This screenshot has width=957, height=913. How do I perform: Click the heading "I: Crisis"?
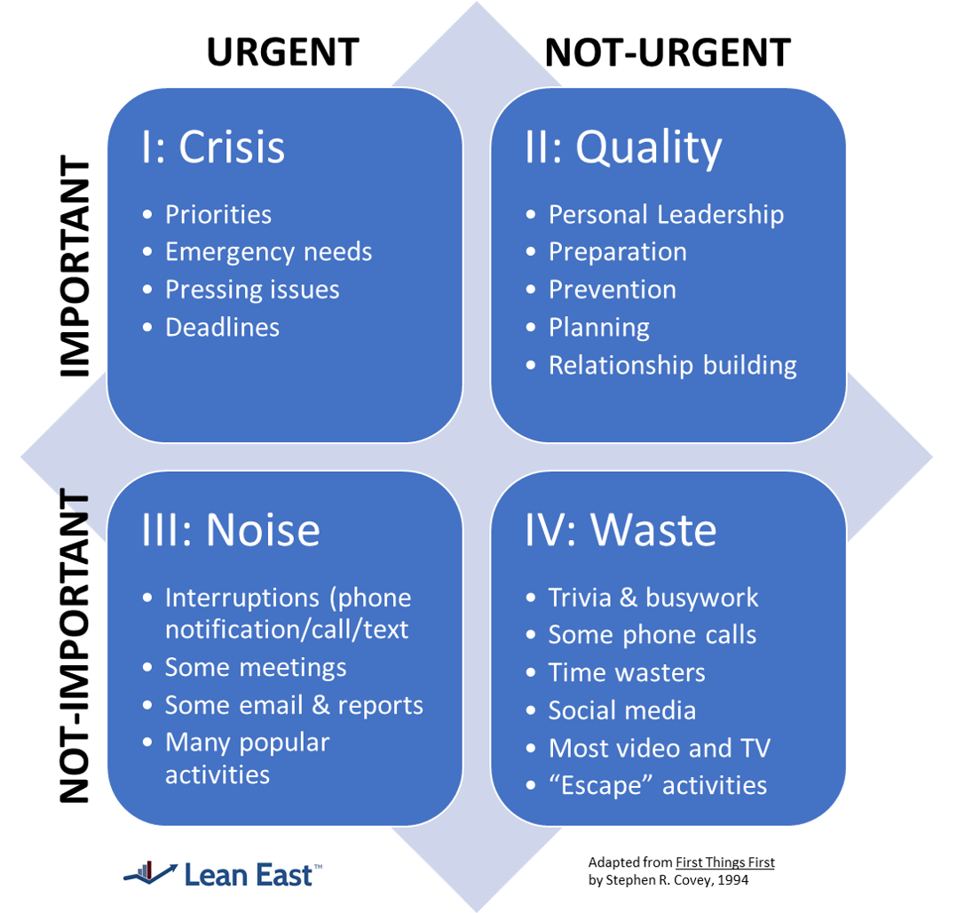point(213,147)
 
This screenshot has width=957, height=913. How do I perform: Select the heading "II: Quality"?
point(623,147)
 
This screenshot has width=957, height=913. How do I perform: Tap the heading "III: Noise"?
point(231,530)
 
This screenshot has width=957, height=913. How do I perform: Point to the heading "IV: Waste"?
point(621,530)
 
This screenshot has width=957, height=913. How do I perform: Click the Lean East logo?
point(222,874)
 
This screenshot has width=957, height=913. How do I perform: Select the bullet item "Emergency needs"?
point(268,252)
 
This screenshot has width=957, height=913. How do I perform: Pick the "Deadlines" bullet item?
point(222,328)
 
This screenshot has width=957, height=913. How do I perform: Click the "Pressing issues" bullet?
point(252,290)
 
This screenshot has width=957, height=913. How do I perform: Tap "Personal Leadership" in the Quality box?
point(666,215)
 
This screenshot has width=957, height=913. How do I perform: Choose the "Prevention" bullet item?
point(612,290)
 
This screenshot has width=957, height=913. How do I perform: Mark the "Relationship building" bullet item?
point(672,365)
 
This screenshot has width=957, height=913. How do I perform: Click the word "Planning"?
point(598,328)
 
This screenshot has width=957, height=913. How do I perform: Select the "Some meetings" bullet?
point(256,667)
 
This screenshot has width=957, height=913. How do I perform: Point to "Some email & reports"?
point(294,705)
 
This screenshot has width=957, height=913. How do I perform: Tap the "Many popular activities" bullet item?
point(247,758)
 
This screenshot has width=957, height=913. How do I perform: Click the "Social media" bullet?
point(621,711)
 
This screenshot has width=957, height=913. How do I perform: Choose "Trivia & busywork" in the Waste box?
point(652,598)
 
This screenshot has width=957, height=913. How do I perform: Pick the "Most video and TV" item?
point(659,748)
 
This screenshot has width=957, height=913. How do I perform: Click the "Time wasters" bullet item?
point(626,672)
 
